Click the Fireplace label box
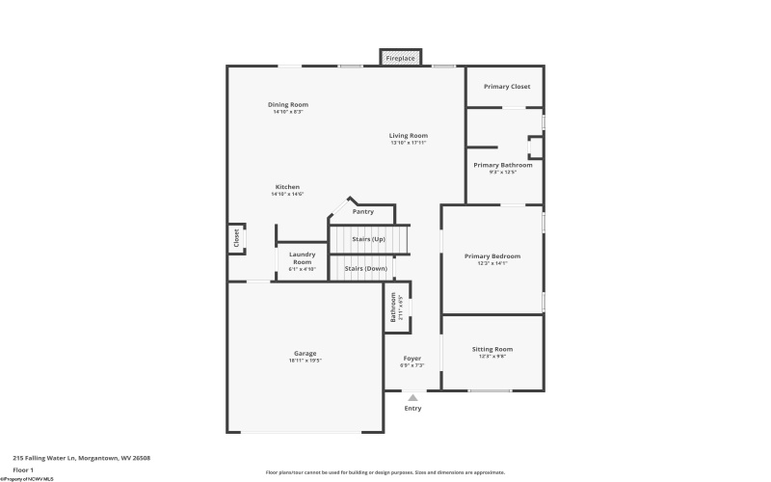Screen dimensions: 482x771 pyautogui.click(x=400, y=59)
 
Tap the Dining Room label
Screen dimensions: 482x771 pyautogui.click(x=287, y=105)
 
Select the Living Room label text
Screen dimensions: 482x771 pyautogui.click(x=408, y=136)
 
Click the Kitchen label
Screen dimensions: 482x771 pyautogui.click(x=287, y=187)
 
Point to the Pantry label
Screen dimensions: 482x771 pyautogui.click(x=362, y=211)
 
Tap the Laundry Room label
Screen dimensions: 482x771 pyautogui.click(x=302, y=258)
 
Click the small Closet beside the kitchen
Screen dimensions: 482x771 pyautogui.click(x=236, y=237)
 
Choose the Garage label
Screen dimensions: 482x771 pyautogui.click(x=305, y=354)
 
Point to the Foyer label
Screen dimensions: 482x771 pyautogui.click(x=412, y=359)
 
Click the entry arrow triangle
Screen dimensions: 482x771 pyautogui.click(x=412, y=396)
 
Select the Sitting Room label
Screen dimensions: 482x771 pyautogui.click(x=492, y=349)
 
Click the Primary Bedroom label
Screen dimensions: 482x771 pyautogui.click(x=492, y=256)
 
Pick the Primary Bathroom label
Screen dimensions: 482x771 pyautogui.click(x=502, y=165)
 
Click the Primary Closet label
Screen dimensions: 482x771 pyautogui.click(x=507, y=87)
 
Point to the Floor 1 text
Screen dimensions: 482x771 pyautogui.click(x=23, y=469)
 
